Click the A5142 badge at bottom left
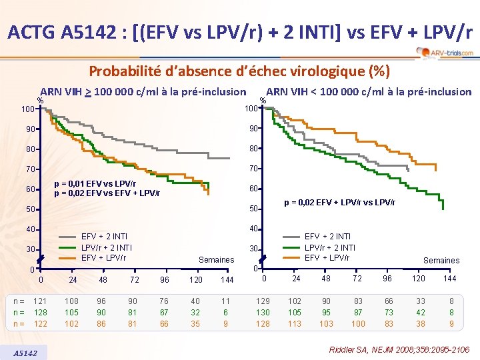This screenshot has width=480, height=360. click(29, 352)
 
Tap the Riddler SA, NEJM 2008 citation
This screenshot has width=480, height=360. click(399, 349)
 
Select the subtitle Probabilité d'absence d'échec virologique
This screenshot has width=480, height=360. click(239, 71)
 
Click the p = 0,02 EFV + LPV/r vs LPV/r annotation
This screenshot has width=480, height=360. click(340, 202)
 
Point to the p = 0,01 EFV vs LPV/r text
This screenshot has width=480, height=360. click(95, 184)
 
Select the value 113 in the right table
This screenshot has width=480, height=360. click(294, 323)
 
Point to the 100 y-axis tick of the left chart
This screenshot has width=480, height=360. click(27, 108)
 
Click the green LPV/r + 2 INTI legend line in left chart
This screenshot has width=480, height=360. click(68, 248)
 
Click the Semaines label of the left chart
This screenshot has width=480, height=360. click(217, 259)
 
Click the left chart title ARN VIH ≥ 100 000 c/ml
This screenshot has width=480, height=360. click(143, 91)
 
